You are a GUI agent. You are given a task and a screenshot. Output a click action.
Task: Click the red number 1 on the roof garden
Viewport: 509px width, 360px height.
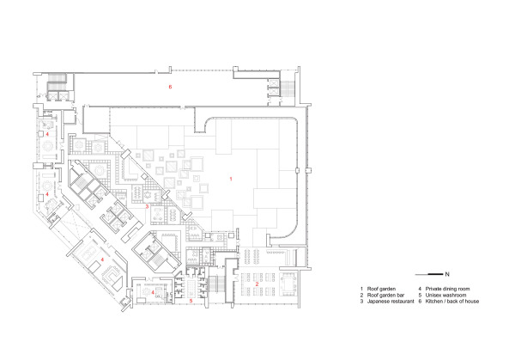pos(230,178)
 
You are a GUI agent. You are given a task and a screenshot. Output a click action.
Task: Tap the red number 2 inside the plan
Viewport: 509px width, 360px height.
pos(258,283)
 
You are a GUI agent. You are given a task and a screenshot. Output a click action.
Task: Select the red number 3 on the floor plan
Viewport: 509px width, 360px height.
pos(148,206)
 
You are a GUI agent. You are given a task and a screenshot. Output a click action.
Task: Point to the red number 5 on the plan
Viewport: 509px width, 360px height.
pos(191,301)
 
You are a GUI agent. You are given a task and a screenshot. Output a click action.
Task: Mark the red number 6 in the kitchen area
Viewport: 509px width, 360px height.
pos(171,88)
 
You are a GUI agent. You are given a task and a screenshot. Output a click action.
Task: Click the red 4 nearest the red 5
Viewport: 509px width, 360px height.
pos(153,292)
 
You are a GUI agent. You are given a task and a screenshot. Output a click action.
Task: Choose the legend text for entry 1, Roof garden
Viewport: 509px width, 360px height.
pos(381,289)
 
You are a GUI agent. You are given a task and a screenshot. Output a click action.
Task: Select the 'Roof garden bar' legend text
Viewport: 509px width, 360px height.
pos(385,296)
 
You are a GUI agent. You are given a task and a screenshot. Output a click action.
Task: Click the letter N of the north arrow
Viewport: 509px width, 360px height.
pos(449,272)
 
